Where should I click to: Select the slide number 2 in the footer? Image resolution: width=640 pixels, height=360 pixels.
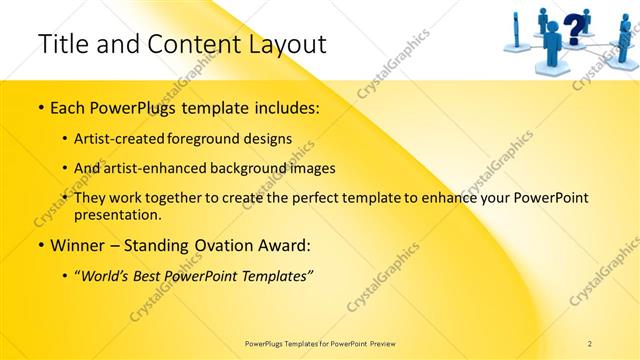[x=590, y=343]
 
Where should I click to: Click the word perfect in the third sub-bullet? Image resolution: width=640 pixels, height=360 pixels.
[x=314, y=198]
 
